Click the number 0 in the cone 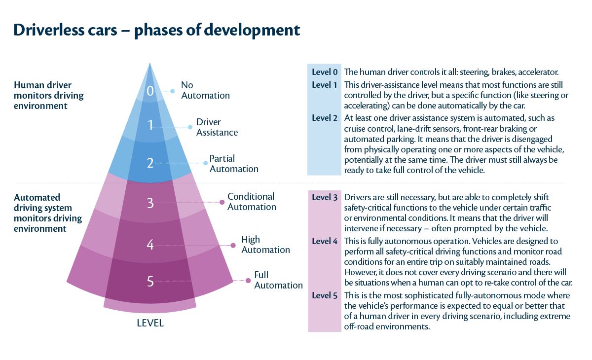150,91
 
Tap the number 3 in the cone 150,203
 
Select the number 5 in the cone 150,282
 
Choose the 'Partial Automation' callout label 234,164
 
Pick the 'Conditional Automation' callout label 252,202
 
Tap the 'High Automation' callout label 265,245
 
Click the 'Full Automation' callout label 278,280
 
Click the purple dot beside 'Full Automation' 247,281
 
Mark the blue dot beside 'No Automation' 173,91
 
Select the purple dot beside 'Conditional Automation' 222,202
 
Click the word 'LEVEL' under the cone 150,324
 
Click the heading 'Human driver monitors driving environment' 49,95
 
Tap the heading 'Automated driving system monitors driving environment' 43,213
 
